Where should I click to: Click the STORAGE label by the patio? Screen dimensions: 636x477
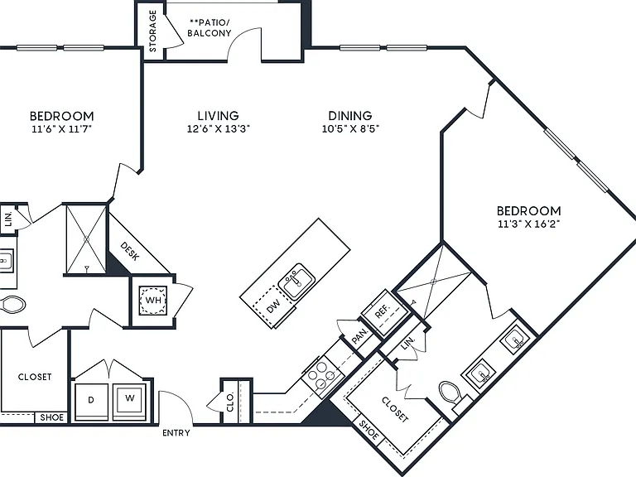[x=153, y=31]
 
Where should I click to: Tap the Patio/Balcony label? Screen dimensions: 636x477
[x=210, y=27]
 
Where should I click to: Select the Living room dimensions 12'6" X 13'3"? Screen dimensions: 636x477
[x=219, y=129]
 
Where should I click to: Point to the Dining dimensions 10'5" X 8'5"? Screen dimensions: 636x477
[x=350, y=129]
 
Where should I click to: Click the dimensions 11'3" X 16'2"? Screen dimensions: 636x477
[x=529, y=224]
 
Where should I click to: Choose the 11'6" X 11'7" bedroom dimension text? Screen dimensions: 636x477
[x=61, y=129]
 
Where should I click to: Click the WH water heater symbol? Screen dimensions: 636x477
[x=153, y=300]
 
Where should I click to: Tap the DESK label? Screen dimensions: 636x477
[x=130, y=252]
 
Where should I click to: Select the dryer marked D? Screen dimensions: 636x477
[x=91, y=402]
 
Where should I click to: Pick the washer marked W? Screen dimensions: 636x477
[x=129, y=402]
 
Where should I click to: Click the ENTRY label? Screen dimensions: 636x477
[x=176, y=433]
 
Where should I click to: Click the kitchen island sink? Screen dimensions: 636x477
[x=296, y=282]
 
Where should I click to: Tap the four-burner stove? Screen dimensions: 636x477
[x=322, y=376]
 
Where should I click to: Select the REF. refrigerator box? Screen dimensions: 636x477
[x=384, y=312]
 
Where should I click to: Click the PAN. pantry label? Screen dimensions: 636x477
[x=359, y=336]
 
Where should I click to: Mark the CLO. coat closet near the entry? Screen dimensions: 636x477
[x=230, y=402]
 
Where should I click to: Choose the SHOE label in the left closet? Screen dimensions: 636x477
[x=52, y=417]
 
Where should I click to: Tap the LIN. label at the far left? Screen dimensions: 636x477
[x=8, y=219]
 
